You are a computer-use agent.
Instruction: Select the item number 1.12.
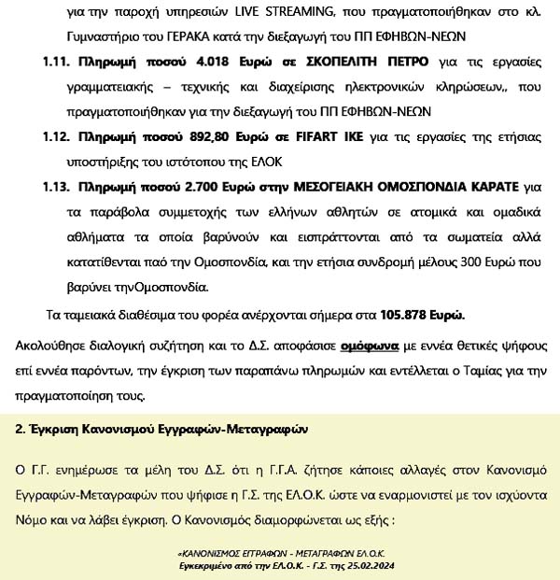pos(59,136)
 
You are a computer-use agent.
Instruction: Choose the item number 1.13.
pos(59,186)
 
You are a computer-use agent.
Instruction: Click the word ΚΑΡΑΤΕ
pos(502,186)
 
